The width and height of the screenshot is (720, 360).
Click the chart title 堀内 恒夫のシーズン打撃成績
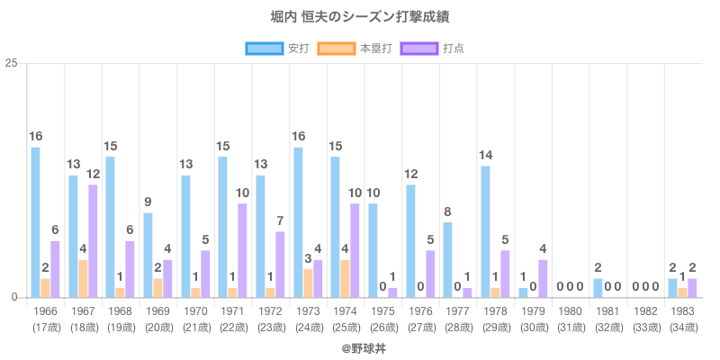(360, 17)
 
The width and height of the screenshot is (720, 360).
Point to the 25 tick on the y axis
(12, 63)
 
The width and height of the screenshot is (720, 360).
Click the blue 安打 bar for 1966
(35, 222)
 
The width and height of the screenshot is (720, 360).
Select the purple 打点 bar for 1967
(93, 241)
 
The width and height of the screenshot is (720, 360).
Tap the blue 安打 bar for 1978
(485, 231)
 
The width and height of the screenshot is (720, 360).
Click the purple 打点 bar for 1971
(242, 250)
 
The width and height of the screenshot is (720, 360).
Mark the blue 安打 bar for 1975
(373, 250)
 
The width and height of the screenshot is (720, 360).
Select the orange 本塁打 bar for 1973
(308, 283)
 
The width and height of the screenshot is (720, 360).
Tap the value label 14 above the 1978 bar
(485, 155)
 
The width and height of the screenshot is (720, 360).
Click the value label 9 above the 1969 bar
(148, 202)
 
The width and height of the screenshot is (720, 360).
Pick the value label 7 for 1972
(280, 220)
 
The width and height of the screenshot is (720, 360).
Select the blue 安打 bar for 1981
(598, 288)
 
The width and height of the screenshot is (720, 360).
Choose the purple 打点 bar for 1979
(543, 278)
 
